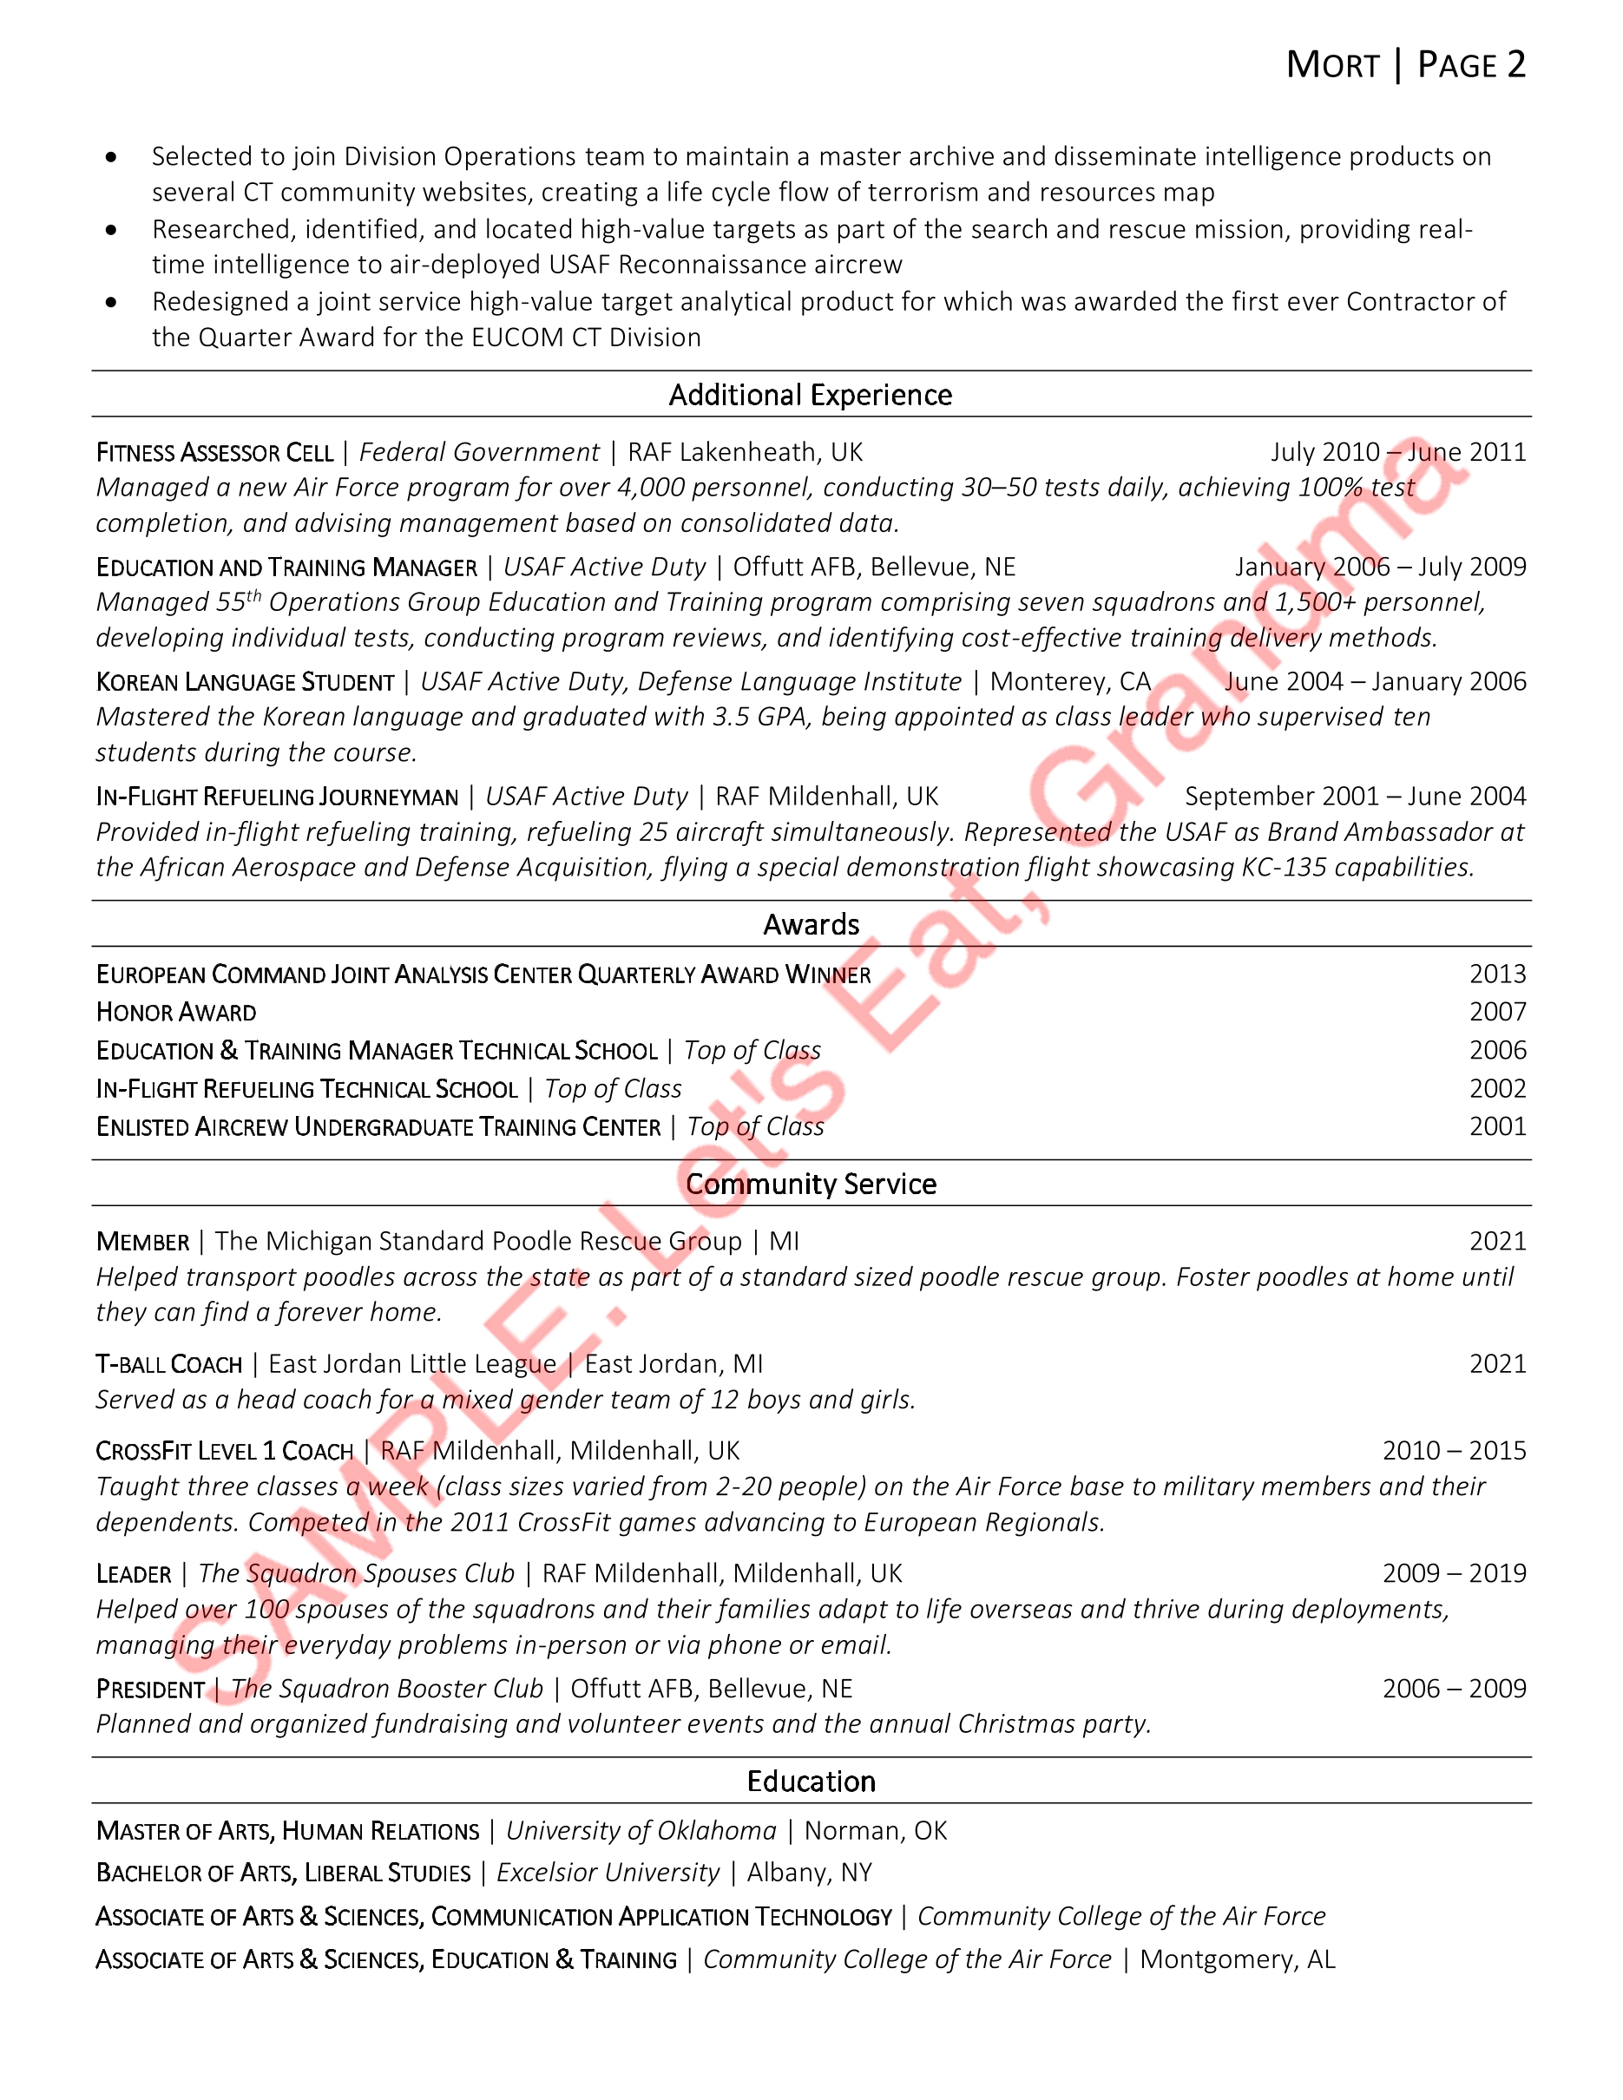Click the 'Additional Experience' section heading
coord(811,395)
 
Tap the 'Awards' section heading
coord(811,924)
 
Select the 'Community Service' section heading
coord(811,1184)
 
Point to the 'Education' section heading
coord(811,1782)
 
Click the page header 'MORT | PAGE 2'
coord(1406,65)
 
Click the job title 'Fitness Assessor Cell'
coord(214,452)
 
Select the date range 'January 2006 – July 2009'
coord(1380,567)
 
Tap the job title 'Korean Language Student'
coord(245,682)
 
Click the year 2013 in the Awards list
coord(1497,974)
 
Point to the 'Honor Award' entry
coord(176,1013)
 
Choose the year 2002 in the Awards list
coord(1497,1088)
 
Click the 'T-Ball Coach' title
coord(169,1364)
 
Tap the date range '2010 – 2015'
coord(1454,1450)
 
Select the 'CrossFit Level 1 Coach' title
coord(225,1451)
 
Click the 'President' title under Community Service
coord(150,1690)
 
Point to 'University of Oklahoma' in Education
coord(641,1831)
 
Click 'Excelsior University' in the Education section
coord(608,1873)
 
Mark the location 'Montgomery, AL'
coord(1237,1959)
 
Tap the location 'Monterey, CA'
coord(1070,682)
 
